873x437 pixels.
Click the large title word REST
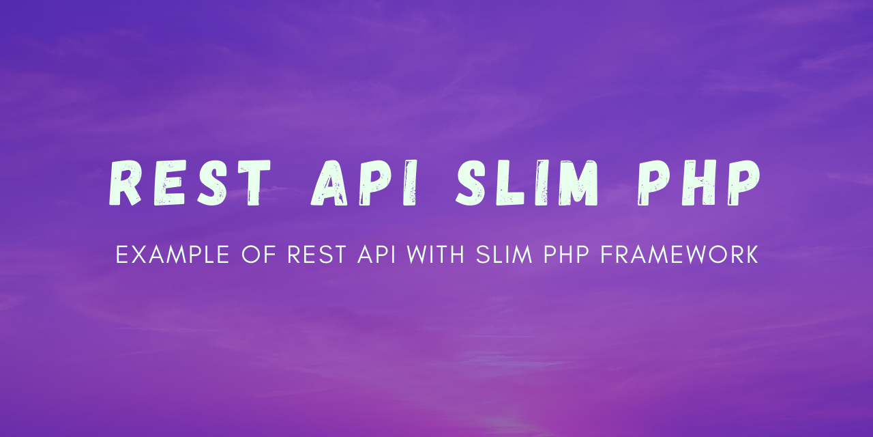tap(190, 182)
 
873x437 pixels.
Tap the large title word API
tap(364, 182)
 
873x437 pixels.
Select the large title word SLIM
tap(527, 182)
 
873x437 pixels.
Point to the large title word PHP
tap(698, 182)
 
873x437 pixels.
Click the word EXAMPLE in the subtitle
tap(173, 255)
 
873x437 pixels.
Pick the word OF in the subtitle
tap(258, 255)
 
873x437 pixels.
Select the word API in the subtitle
tap(376, 255)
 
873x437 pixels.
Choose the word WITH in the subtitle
tap(436, 255)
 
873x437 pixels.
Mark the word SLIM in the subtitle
tap(504, 255)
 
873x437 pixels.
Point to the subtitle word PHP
tap(566, 255)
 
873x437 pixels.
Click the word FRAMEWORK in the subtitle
tap(680, 255)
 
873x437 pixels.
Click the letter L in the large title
tap(509, 182)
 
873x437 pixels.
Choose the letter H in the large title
tap(699, 182)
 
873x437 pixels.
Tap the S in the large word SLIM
tap(471, 182)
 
